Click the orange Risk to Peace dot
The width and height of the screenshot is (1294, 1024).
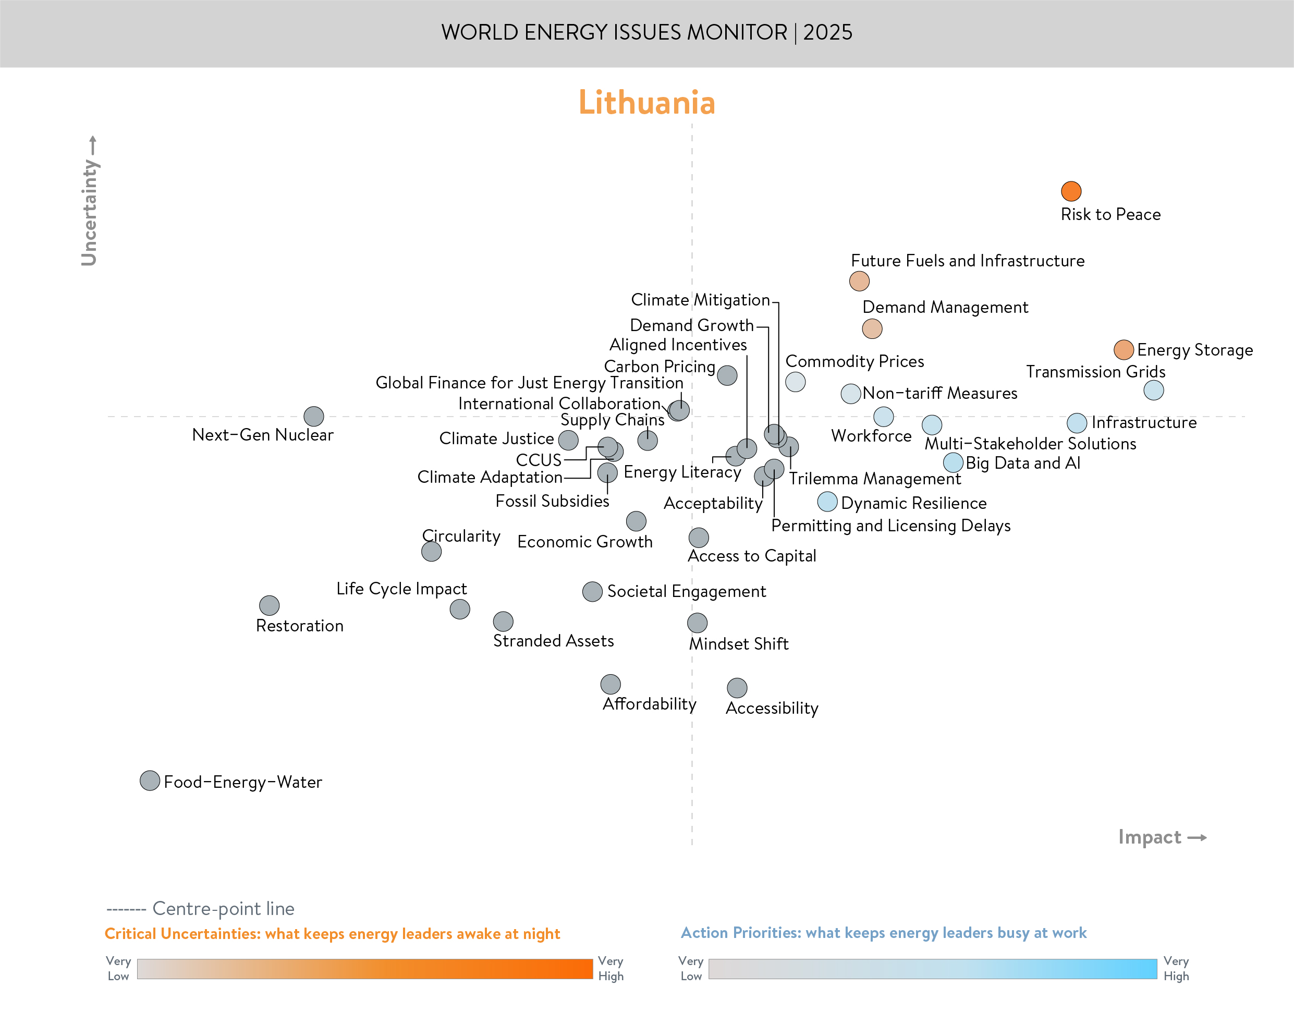click(x=1070, y=191)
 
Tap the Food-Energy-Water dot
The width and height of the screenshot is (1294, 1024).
click(x=150, y=781)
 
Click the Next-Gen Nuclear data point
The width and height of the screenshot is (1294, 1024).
click(x=313, y=416)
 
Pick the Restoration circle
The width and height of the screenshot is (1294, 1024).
click(x=269, y=605)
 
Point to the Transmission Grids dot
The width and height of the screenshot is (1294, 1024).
click(x=1153, y=391)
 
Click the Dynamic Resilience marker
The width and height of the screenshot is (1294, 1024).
click(x=827, y=502)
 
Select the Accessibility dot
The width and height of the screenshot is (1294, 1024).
click(x=737, y=688)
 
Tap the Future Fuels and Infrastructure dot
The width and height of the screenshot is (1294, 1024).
click(x=859, y=281)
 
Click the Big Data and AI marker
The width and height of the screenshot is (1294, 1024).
click(x=953, y=462)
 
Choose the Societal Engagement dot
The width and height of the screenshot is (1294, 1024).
click(x=592, y=592)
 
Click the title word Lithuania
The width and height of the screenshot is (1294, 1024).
click(x=646, y=103)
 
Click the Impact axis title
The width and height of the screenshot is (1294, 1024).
click(x=1150, y=837)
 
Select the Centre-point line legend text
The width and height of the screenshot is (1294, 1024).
click(x=223, y=909)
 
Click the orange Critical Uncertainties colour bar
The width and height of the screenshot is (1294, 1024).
click(x=364, y=969)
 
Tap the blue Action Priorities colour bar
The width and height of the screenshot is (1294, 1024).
click(x=932, y=969)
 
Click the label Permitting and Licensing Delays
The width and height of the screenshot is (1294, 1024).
click(x=890, y=526)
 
